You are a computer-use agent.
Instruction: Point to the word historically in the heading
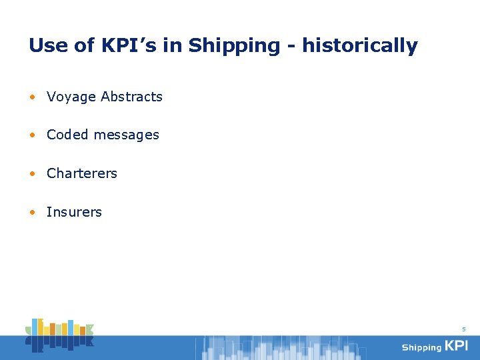pos(360,46)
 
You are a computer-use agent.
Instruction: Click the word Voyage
pos(71,97)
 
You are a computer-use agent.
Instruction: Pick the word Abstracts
pos(132,97)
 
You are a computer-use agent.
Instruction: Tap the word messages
pos(126,135)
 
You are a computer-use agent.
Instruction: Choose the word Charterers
pos(82,173)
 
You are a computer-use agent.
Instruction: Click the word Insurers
pos(74,212)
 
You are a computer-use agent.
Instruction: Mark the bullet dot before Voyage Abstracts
pos(33,97)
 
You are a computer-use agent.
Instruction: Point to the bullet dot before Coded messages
pos(33,135)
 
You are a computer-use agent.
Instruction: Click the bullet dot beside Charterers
pos(33,174)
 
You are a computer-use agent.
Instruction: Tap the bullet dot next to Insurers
pos(33,213)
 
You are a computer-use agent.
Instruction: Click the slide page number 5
pos(464,329)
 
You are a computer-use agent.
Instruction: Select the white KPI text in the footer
pos(457,346)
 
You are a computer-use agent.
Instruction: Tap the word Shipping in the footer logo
pos(421,347)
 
